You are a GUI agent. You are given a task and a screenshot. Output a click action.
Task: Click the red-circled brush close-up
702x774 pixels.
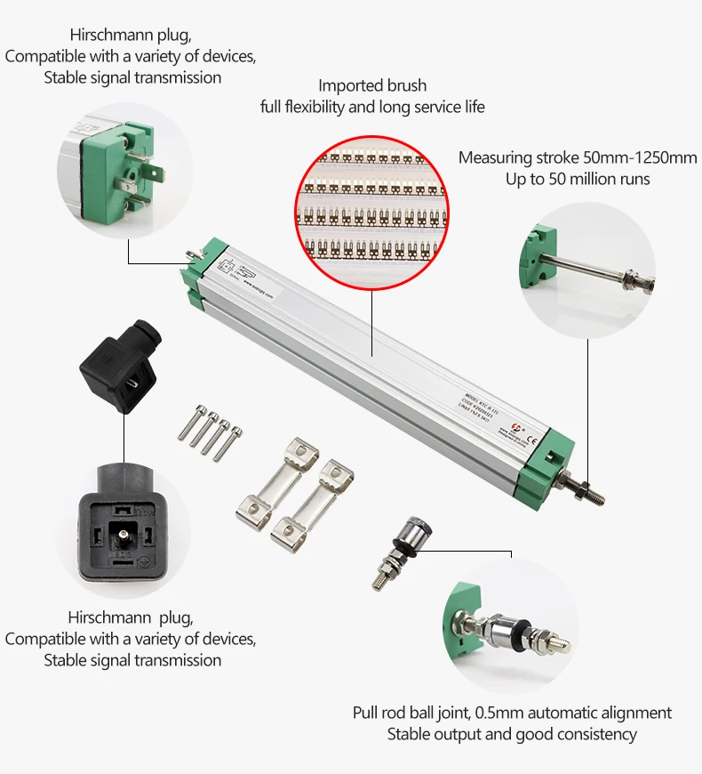click(373, 207)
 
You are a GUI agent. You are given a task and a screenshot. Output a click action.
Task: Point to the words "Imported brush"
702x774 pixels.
click(372, 86)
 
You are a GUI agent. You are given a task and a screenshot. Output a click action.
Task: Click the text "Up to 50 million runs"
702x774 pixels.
click(578, 179)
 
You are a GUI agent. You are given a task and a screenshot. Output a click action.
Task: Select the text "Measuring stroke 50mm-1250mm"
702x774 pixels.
click(578, 157)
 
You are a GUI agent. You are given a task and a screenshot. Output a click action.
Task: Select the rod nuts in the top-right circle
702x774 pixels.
click(637, 280)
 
